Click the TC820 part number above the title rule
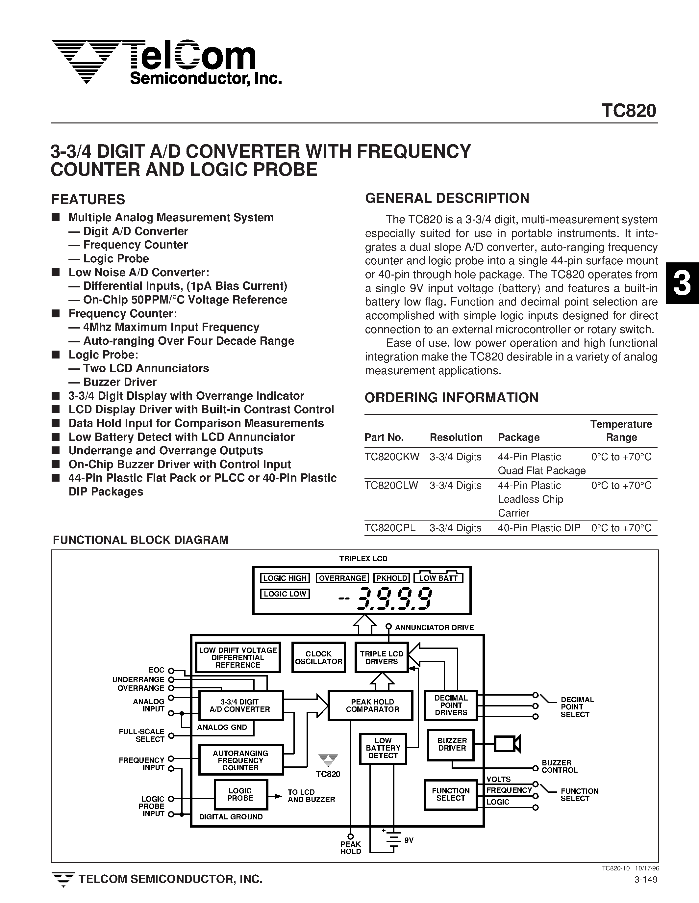[628, 111]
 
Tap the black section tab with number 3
[682, 283]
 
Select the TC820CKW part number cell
[392, 457]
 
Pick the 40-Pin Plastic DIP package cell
[539, 528]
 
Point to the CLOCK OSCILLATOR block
[318, 657]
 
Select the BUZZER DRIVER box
[452, 744]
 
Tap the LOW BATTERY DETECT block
[383, 748]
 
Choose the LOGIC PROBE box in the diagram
[240, 794]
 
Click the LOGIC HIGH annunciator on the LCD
[285, 578]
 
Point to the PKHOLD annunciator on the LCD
[391, 578]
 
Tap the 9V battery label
[409, 840]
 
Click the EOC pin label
[157, 670]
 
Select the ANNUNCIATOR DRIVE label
[434, 627]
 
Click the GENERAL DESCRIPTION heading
[447, 198]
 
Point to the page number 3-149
[645, 890]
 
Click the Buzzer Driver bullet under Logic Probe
[119, 382]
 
